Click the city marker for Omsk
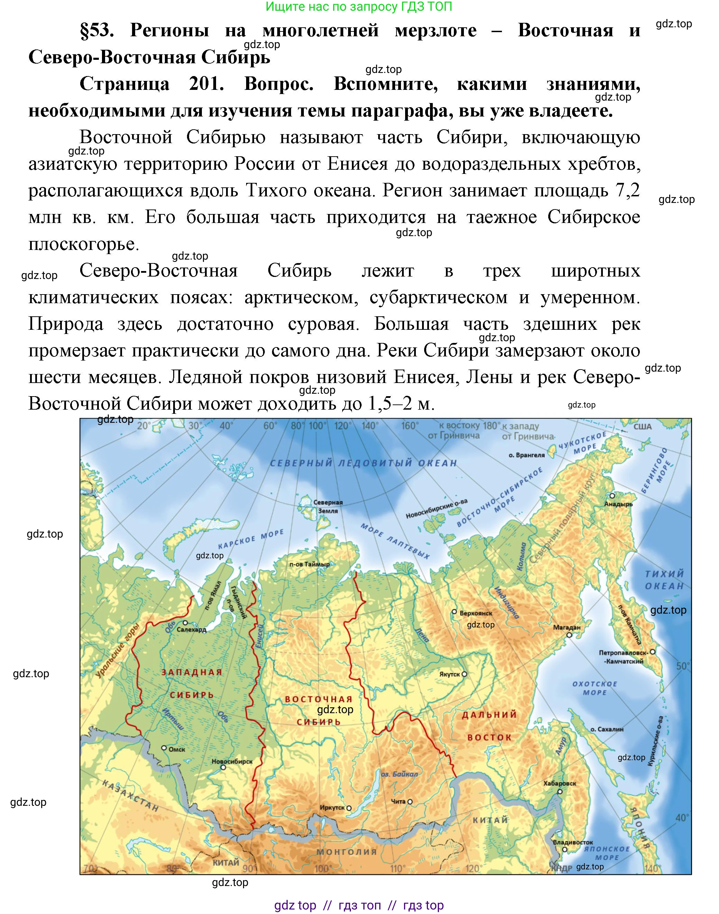[x=165, y=748]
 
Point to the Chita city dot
[x=410, y=802]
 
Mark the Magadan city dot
[x=569, y=634]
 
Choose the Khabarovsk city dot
[x=560, y=792]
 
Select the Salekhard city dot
[x=185, y=623]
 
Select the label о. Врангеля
[x=526, y=455]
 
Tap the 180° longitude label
[x=492, y=425]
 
